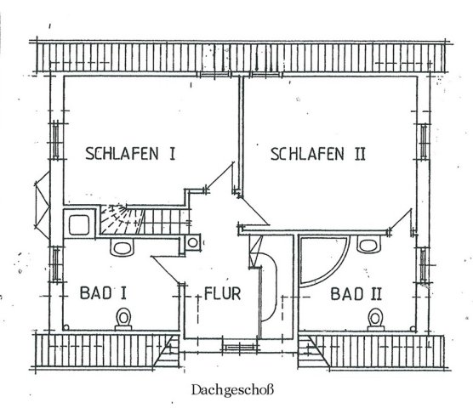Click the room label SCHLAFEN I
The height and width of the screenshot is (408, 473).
(x=130, y=153)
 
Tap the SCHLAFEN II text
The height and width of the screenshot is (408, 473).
(x=318, y=154)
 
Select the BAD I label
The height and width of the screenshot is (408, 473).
(x=103, y=293)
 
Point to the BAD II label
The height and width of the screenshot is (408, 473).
(x=356, y=294)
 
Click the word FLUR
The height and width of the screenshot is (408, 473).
(x=223, y=293)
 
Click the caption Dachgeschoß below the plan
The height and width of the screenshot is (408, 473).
(x=232, y=390)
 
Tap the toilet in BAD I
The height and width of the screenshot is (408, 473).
(x=123, y=319)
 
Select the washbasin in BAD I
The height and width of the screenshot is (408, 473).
(x=122, y=247)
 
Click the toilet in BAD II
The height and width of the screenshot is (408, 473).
(x=375, y=320)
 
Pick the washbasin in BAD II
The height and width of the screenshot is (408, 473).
(x=368, y=243)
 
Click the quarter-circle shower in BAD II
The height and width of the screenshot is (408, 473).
(x=323, y=261)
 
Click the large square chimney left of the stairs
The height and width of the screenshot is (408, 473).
(x=79, y=224)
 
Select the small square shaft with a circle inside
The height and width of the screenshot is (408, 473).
(x=192, y=242)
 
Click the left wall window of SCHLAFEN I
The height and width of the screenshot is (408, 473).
(x=56, y=140)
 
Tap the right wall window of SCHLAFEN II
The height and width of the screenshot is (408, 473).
(x=424, y=142)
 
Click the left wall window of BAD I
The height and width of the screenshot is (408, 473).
(x=56, y=264)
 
